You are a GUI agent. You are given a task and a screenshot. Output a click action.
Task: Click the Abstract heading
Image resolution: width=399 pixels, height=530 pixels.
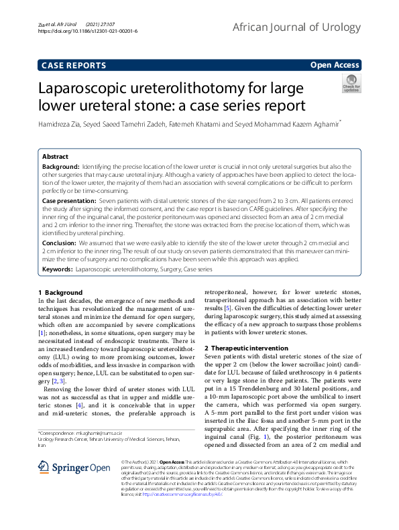(55, 156)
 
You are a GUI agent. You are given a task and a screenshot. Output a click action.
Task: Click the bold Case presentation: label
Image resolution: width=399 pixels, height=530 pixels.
(69, 200)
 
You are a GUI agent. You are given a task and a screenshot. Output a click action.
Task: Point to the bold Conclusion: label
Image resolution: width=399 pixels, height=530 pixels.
(60, 243)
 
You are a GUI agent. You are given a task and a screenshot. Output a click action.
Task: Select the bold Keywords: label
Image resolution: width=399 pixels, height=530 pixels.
(58, 268)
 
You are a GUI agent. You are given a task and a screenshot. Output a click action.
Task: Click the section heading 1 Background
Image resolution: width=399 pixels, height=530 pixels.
(60, 293)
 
